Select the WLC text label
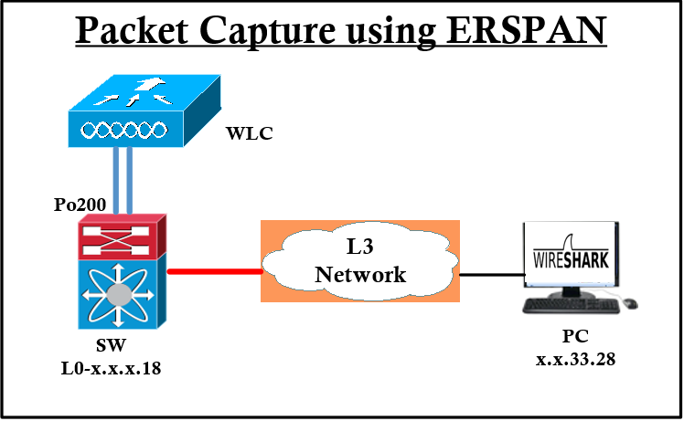click(x=249, y=134)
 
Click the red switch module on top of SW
click(x=123, y=236)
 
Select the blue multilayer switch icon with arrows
click(x=123, y=297)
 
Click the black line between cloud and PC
click(x=489, y=273)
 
